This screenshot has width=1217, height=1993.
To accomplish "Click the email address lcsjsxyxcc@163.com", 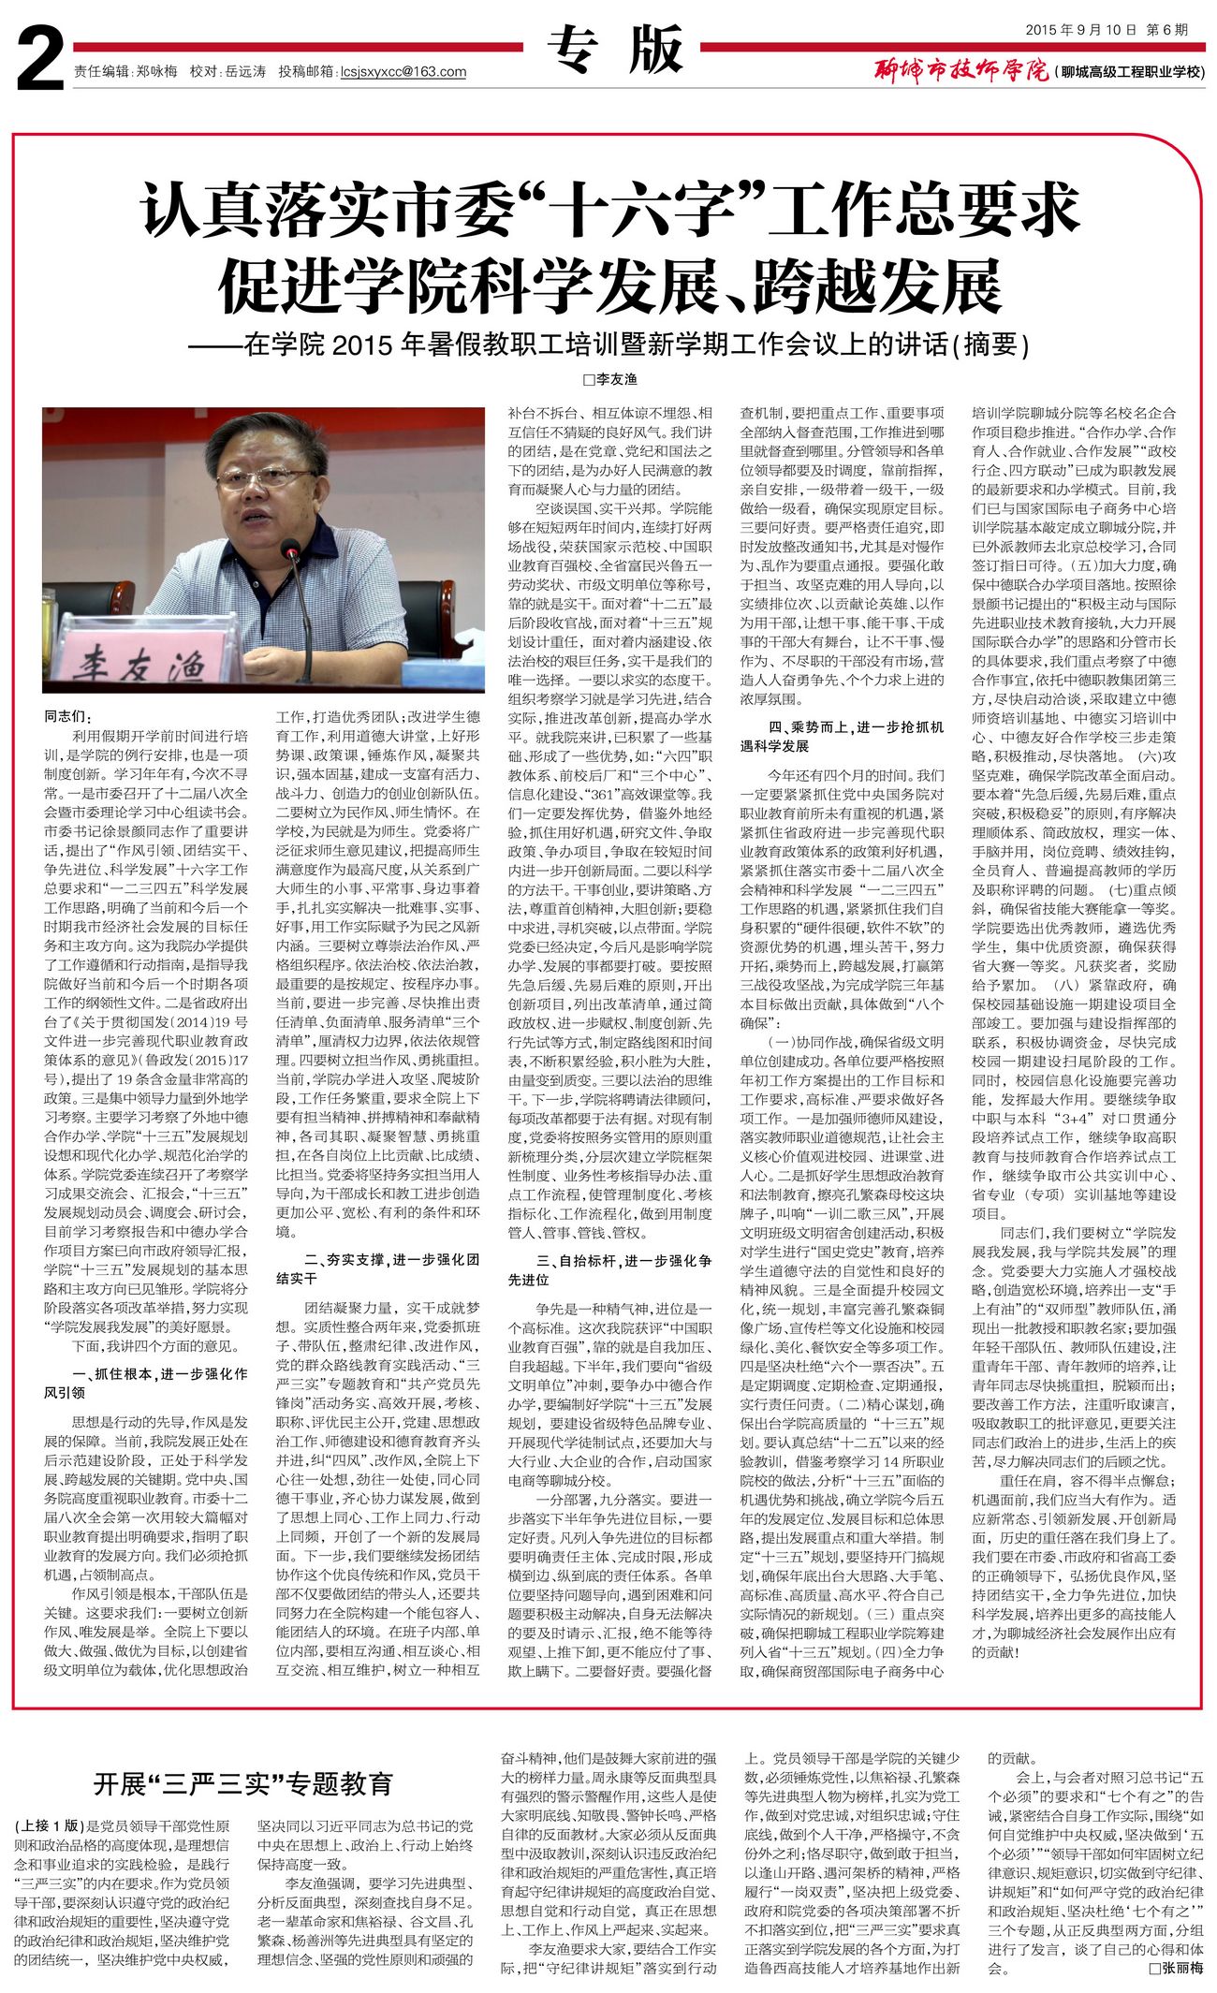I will tap(403, 72).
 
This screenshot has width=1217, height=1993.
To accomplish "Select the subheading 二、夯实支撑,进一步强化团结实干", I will tap(377, 1268).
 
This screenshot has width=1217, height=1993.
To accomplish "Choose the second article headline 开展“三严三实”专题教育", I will tap(242, 1783).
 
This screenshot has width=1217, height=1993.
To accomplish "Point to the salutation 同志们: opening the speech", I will tap(68, 716).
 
